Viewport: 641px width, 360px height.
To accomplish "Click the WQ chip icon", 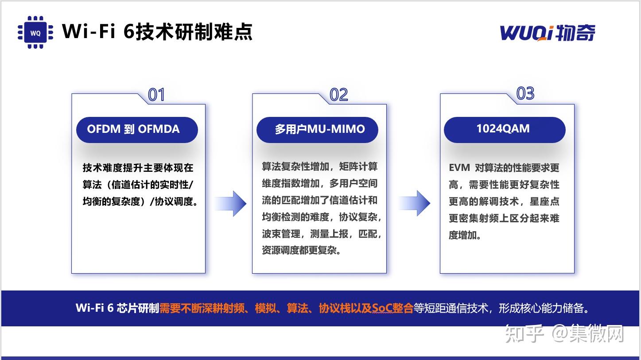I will click(x=35, y=32).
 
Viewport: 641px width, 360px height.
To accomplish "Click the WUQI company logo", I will click(x=548, y=33).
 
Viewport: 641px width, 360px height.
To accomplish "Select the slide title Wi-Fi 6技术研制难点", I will click(x=157, y=32).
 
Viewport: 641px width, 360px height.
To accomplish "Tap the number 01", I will click(x=156, y=95).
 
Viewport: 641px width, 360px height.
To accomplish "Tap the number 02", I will click(x=339, y=95).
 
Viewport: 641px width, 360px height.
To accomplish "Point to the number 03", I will click(x=525, y=94).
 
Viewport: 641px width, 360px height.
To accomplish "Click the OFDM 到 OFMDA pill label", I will click(x=133, y=129).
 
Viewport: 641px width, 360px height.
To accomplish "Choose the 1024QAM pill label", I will click(x=503, y=129).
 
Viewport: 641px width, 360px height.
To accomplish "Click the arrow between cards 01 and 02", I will click(x=231, y=204).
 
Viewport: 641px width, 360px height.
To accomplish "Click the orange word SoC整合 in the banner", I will click(x=392, y=308).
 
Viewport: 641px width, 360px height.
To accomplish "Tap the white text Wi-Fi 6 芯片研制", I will click(x=117, y=308).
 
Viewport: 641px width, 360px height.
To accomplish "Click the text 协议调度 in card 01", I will click(x=173, y=201).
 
